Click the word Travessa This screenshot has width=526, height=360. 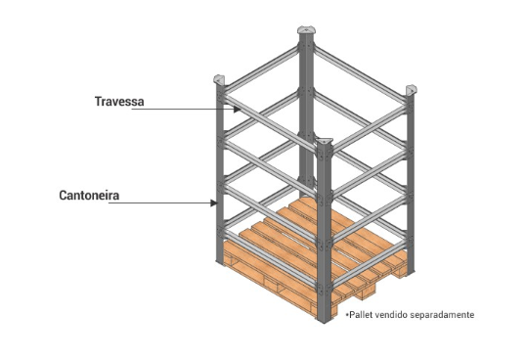tap(119, 101)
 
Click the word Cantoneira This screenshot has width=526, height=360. tap(89, 196)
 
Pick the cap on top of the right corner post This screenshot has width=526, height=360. tap(412, 90)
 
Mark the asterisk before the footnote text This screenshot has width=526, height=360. tap(344, 314)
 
